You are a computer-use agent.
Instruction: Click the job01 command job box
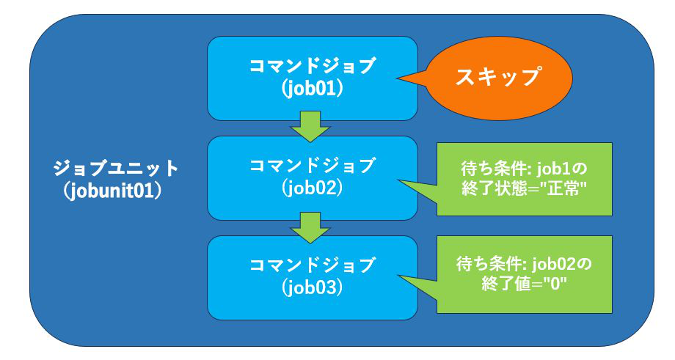click(x=312, y=78)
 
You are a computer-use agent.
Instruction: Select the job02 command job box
click(x=312, y=178)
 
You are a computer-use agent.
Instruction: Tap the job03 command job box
click(x=312, y=277)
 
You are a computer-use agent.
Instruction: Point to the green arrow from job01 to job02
click(x=310, y=126)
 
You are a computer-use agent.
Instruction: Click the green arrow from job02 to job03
click(x=310, y=227)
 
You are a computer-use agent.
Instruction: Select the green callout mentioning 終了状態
click(x=525, y=179)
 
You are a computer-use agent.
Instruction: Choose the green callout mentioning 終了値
click(x=525, y=274)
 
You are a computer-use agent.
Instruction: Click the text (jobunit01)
click(x=112, y=191)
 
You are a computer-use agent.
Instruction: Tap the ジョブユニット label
click(x=116, y=168)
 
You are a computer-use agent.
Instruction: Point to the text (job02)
click(x=312, y=188)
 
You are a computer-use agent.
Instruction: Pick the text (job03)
click(x=312, y=287)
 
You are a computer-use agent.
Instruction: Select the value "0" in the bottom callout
click(x=555, y=284)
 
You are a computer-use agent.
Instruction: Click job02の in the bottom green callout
click(x=561, y=264)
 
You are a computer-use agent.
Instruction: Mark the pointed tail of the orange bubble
click(x=398, y=78)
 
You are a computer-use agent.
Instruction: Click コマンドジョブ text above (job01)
click(x=312, y=66)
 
